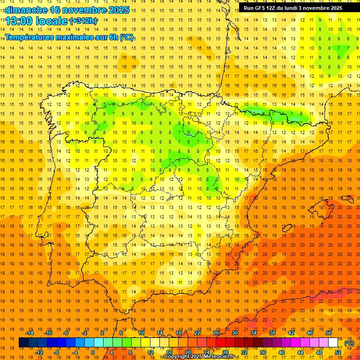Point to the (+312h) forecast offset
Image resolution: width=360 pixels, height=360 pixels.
pos(83,21)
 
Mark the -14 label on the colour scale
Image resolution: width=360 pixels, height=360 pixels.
pos(30,333)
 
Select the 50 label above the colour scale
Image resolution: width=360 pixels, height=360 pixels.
pos(328,333)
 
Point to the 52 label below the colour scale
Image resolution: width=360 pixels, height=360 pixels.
pos(338,352)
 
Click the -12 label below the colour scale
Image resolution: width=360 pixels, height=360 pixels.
pos(39,352)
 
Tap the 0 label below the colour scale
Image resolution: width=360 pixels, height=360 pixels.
pos(93,352)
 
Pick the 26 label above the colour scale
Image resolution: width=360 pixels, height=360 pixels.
pos(216,333)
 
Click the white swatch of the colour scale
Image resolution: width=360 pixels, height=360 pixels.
pos(333,343)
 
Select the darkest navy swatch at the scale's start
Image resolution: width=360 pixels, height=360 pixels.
pos(23,343)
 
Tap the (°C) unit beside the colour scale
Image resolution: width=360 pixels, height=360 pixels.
pos(349,343)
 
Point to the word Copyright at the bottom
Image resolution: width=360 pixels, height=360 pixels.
pos(177,357)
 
